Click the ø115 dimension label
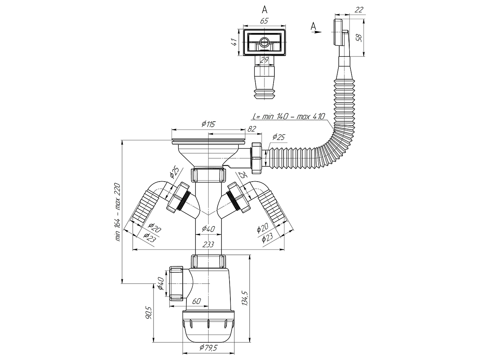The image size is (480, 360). (208, 124)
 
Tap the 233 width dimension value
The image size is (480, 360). (208, 244)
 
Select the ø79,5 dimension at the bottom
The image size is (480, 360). (208, 347)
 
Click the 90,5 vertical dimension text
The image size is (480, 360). (149, 313)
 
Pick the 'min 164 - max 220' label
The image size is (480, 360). (118, 212)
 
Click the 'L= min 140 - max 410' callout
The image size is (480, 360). (289, 116)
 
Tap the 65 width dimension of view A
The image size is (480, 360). (264, 21)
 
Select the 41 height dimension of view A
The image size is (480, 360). (234, 42)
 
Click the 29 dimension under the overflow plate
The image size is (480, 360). (264, 60)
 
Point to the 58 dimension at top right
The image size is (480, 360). (359, 38)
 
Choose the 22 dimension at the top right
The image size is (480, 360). (358, 10)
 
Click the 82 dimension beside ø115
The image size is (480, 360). (252, 129)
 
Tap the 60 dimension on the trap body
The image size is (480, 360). (196, 301)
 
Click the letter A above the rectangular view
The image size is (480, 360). (265, 9)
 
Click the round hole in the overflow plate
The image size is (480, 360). (264, 42)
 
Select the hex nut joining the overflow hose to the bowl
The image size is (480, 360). (257, 158)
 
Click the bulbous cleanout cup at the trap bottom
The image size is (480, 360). (208, 328)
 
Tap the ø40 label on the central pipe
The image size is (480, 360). (208, 229)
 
